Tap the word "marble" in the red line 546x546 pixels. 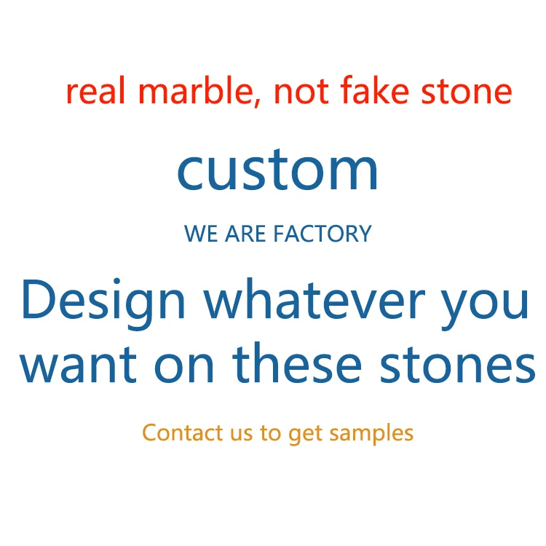tap(187, 92)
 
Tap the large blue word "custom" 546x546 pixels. tap(277, 170)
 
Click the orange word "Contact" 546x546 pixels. tap(182, 432)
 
